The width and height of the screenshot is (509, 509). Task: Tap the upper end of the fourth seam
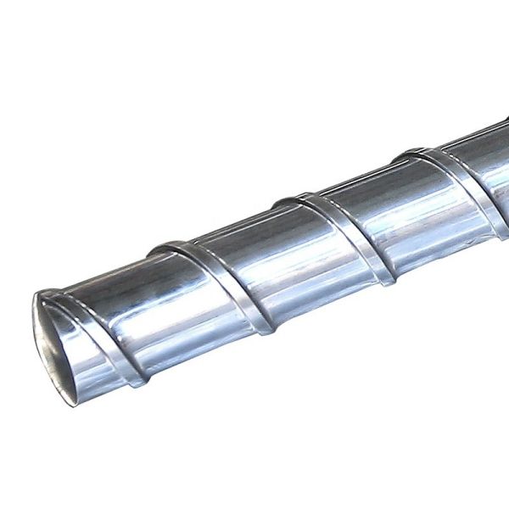[403, 154]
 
